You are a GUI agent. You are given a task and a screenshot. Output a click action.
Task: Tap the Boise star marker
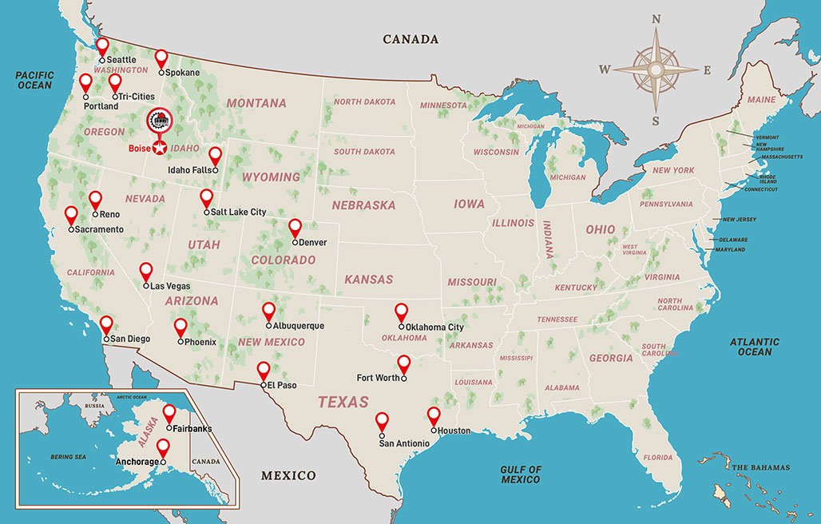click(x=160, y=149)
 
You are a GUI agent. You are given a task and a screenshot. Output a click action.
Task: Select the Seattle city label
click(x=121, y=60)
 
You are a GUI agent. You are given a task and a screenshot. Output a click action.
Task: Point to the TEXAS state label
click(x=343, y=402)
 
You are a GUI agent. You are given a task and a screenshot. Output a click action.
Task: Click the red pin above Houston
click(x=434, y=415)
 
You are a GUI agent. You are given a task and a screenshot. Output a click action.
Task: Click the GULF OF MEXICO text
click(x=522, y=474)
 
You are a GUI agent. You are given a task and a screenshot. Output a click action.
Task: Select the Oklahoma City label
click(x=434, y=327)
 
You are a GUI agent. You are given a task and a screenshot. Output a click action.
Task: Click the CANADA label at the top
click(x=410, y=39)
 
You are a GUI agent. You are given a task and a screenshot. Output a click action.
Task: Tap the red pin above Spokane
click(x=161, y=58)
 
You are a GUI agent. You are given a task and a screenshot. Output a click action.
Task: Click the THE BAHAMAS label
click(x=760, y=467)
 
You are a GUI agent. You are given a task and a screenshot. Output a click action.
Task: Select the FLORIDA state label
click(x=658, y=458)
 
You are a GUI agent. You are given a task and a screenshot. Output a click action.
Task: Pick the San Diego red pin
click(x=105, y=324)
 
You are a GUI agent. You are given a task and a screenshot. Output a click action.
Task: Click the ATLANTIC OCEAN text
click(x=755, y=347)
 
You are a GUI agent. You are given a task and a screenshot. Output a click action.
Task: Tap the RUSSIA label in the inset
click(x=95, y=405)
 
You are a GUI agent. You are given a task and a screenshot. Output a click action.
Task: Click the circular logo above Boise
click(x=160, y=121)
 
